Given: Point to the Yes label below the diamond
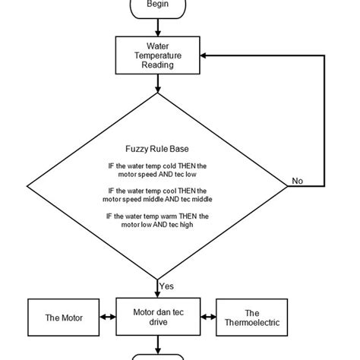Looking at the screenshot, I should [x=167, y=286].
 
